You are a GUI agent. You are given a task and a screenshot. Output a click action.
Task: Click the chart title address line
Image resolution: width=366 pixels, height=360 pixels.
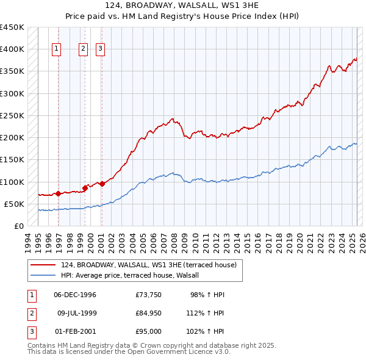point(182,5)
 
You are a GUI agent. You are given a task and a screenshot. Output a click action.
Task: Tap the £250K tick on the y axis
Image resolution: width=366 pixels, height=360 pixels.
point(12,115)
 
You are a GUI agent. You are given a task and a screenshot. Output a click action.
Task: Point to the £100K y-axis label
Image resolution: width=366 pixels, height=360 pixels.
point(12,182)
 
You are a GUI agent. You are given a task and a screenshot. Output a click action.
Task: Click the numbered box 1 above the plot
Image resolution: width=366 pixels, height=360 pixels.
point(57,50)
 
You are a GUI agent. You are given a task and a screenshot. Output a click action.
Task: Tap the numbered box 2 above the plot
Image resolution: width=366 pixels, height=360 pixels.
point(83,50)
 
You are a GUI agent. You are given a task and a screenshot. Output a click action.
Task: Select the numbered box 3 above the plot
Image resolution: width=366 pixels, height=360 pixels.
point(99,50)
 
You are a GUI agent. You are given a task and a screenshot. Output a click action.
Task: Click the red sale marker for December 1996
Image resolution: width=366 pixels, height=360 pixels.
point(59,193)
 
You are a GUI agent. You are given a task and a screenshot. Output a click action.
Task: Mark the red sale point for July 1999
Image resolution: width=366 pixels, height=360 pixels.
point(85,188)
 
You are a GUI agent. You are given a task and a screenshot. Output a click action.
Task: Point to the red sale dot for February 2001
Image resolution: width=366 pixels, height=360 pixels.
point(102,183)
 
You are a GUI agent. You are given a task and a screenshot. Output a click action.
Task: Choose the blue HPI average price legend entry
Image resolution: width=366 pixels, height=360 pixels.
point(134,276)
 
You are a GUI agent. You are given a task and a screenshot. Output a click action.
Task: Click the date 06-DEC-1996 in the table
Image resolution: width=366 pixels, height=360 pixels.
point(75,295)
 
